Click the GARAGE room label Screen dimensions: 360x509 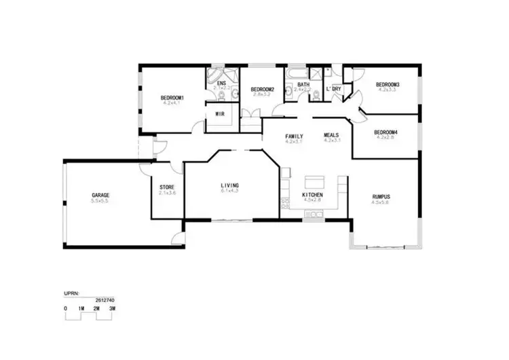[x=100, y=195]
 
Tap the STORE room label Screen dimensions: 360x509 [x=167, y=187]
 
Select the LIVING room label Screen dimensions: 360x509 [x=229, y=185]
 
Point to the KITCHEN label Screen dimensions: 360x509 [x=312, y=195]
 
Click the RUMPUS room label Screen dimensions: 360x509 [x=381, y=196]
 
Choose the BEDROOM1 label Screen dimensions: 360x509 [x=172, y=98]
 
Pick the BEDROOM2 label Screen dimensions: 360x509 [x=261, y=90]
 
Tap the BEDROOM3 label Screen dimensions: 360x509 [x=387, y=84]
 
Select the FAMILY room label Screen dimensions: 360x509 [x=294, y=136]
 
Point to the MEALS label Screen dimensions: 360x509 [x=331, y=135]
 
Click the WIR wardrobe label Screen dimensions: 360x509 [x=219, y=113]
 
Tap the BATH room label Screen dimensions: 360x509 [x=303, y=84]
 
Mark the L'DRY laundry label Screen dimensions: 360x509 [x=333, y=89]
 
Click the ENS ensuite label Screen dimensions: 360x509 [x=221, y=84]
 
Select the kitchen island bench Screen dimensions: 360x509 [x=314, y=181]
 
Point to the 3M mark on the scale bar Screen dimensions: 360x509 [x=111, y=309]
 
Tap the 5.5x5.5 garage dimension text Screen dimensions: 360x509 [x=100, y=201]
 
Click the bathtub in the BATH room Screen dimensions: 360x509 [x=297, y=71]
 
